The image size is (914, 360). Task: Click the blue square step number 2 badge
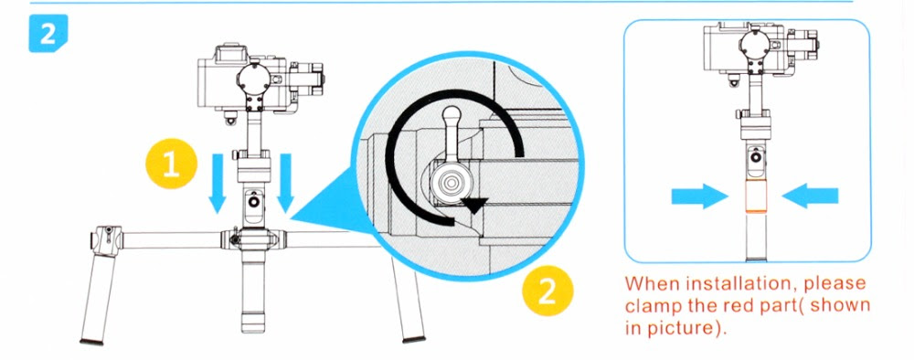pyautogui.click(x=48, y=33)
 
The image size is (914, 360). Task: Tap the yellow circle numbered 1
pyautogui.click(x=172, y=164)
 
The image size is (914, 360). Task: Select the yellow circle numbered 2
pyautogui.click(x=547, y=291)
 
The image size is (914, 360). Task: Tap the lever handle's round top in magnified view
pyautogui.click(x=452, y=113)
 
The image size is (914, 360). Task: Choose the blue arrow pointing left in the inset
pyautogui.click(x=810, y=196)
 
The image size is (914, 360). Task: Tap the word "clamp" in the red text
pyautogui.click(x=655, y=306)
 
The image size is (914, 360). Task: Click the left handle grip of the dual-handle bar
pyautogui.click(x=98, y=296)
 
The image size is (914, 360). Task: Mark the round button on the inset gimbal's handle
pyautogui.click(x=756, y=157)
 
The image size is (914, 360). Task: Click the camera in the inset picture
pyautogui.click(x=760, y=51)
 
